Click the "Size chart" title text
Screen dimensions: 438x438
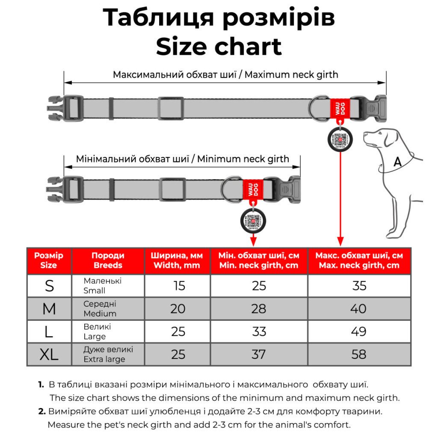click(219, 47)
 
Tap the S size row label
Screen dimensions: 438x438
click(49, 286)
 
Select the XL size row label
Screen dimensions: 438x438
click(49, 354)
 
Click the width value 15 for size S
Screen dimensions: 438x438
click(179, 286)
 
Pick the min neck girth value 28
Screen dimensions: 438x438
click(259, 308)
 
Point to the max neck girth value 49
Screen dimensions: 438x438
click(359, 331)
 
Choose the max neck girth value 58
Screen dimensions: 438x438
click(359, 354)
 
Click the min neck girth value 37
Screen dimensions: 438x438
click(259, 354)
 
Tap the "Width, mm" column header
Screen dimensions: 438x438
click(177, 260)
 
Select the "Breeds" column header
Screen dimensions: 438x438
click(108, 260)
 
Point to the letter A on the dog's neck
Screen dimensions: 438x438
click(397, 162)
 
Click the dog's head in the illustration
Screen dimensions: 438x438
click(379, 137)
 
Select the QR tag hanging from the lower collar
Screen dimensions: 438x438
click(253, 220)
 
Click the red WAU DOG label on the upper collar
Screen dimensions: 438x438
click(339, 109)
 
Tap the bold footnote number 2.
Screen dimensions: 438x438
click(41, 411)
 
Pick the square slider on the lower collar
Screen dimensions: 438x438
click(171, 189)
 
